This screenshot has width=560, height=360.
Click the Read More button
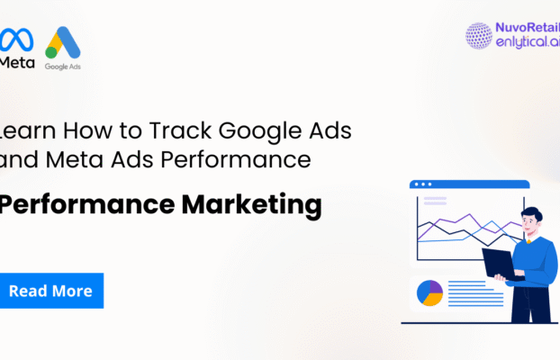click(51, 291)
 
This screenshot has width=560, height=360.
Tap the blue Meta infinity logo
click(17, 40)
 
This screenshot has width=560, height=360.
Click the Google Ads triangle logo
click(63, 45)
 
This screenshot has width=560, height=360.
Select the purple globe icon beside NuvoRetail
click(478, 35)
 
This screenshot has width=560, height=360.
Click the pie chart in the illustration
click(430, 292)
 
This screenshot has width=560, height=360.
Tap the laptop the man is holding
click(501, 264)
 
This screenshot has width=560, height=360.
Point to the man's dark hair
click(531, 214)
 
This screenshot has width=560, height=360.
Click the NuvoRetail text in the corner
click(527, 29)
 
